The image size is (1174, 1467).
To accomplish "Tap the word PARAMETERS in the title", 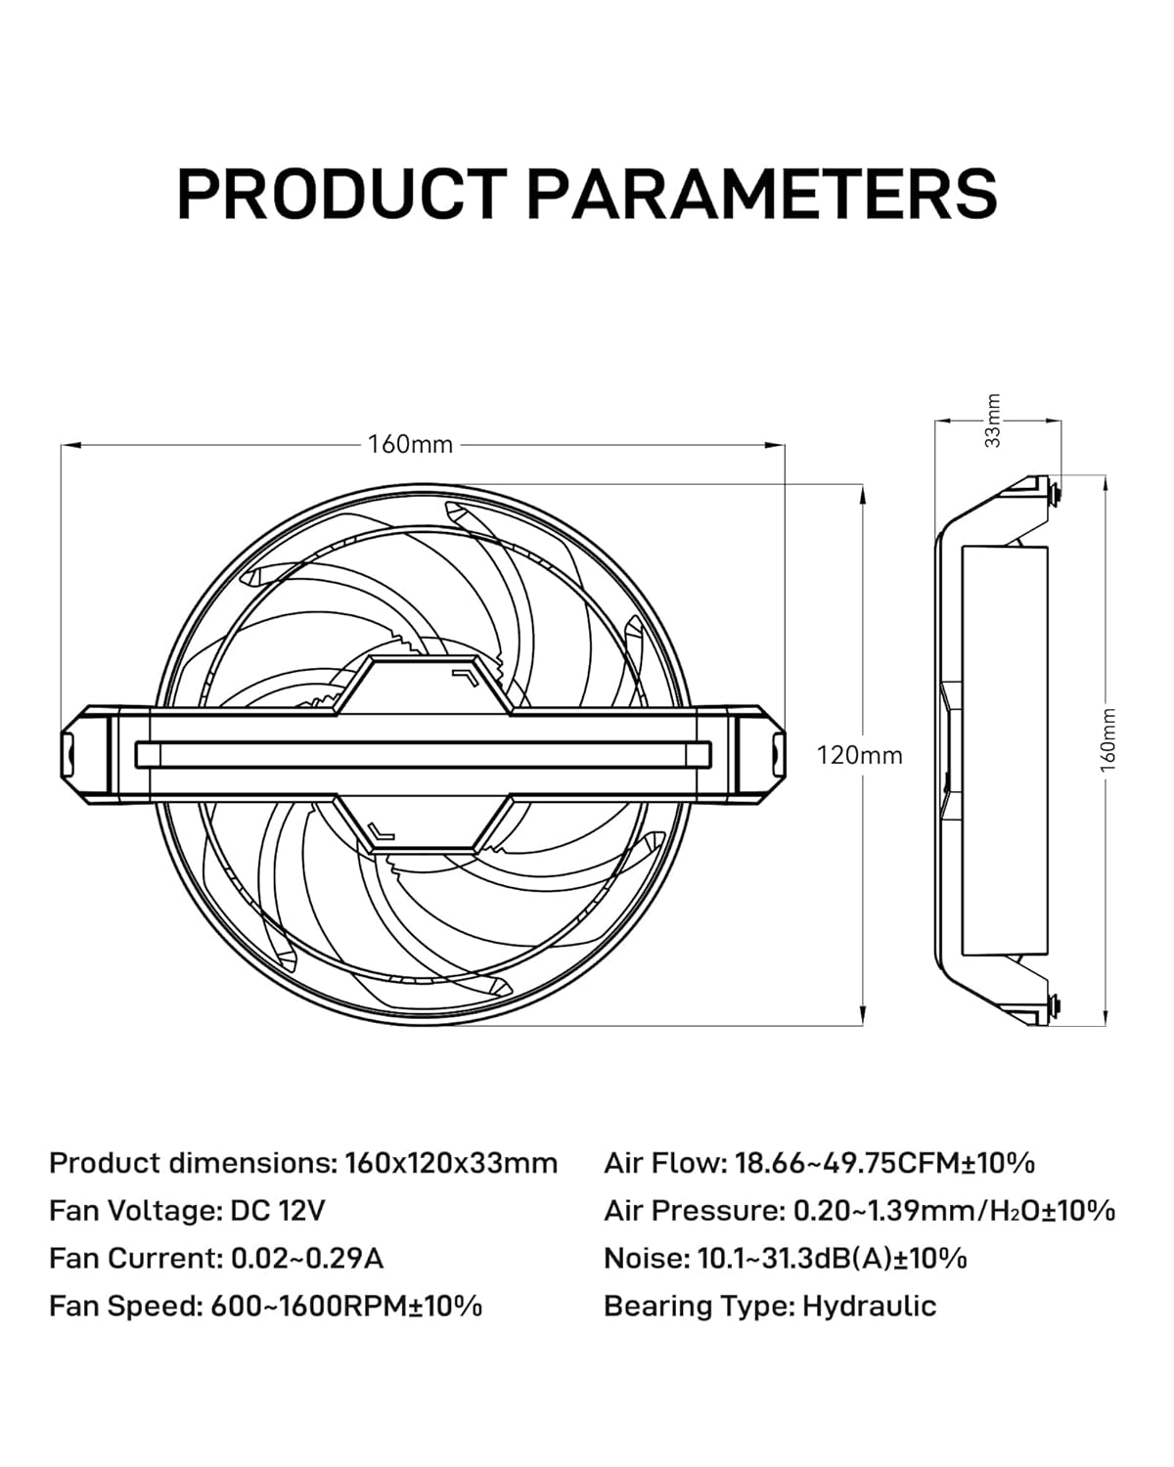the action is click(x=762, y=194).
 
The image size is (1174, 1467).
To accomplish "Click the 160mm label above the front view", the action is click(x=410, y=444).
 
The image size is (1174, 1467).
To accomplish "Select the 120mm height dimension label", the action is click(x=860, y=755).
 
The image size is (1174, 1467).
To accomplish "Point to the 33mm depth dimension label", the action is click(x=993, y=421).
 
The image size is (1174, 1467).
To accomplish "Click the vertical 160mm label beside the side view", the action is click(x=1107, y=740).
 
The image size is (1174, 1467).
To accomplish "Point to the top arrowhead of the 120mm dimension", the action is click(x=863, y=494).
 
